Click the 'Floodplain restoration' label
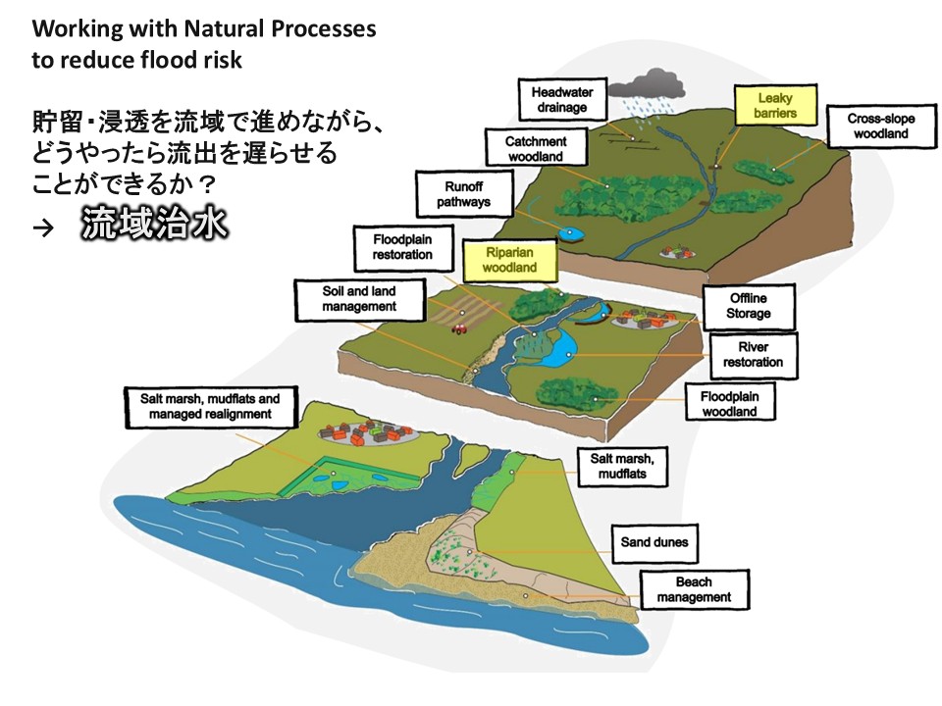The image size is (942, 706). pyautogui.click(x=402, y=246)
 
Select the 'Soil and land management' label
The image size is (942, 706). pyautogui.click(x=359, y=299)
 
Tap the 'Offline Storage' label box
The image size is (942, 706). pyautogui.click(x=748, y=306)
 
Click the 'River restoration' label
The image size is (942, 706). pyautogui.click(x=753, y=354)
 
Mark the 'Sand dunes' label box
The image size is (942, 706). pyautogui.click(x=654, y=541)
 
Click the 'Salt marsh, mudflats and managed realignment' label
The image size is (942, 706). pyautogui.click(x=212, y=407)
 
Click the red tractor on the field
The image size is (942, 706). pyautogui.click(x=456, y=329)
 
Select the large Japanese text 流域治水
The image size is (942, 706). pyautogui.click(x=155, y=225)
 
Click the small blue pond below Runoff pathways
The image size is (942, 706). pyautogui.click(x=570, y=232)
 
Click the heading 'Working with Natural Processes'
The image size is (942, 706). pyautogui.click(x=203, y=29)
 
